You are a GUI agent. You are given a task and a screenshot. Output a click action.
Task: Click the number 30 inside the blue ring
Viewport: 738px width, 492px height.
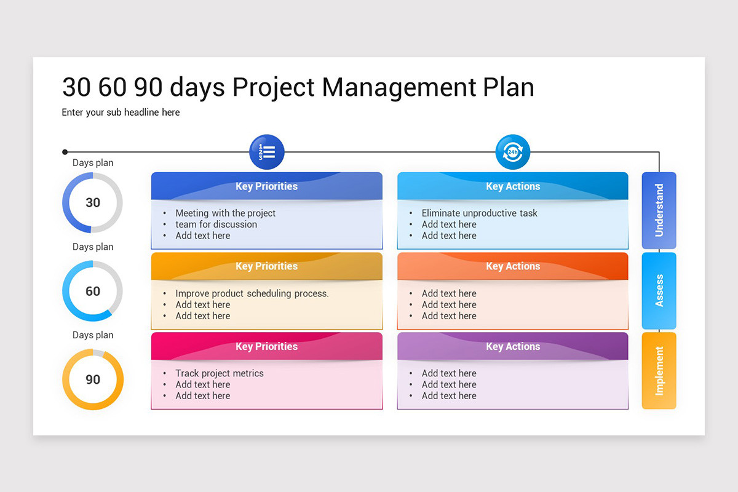(93, 202)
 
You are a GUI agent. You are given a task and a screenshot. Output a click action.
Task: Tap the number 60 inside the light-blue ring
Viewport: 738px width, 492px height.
(93, 291)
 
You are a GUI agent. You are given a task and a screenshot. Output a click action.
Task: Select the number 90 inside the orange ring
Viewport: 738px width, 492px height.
(93, 379)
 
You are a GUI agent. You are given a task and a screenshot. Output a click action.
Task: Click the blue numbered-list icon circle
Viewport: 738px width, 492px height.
(266, 151)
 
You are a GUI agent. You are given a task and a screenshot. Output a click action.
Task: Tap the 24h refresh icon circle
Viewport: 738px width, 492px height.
(512, 151)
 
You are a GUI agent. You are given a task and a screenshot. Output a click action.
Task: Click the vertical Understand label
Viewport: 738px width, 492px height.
(659, 210)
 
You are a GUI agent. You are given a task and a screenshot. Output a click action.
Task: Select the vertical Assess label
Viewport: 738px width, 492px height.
(659, 290)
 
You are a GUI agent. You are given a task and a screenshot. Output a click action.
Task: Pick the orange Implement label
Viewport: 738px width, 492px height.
(659, 370)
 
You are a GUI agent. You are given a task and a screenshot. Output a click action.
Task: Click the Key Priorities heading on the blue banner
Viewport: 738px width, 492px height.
(266, 186)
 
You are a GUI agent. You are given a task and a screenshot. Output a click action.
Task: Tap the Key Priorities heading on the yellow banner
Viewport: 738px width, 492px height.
(266, 266)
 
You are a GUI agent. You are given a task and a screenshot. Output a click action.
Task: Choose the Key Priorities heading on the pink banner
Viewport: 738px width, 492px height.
(266, 346)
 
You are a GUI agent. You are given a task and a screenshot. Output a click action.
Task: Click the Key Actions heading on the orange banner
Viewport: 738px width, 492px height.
(513, 266)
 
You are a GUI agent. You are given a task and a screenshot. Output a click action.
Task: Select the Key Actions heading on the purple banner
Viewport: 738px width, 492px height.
(513, 346)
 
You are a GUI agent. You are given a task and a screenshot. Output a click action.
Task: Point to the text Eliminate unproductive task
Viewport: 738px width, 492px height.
(479, 213)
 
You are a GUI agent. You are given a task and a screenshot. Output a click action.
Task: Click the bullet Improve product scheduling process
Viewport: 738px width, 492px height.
(252, 293)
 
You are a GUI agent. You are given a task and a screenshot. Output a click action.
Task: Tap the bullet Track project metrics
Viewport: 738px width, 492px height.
(219, 373)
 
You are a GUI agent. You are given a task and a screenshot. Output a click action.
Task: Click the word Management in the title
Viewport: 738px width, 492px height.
(399, 87)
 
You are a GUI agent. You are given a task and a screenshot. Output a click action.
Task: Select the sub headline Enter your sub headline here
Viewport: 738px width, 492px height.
(121, 113)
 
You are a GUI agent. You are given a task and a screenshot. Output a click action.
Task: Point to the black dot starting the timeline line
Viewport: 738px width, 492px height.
(65, 151)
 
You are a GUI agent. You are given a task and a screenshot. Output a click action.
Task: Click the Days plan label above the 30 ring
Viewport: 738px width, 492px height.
(93, 163)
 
